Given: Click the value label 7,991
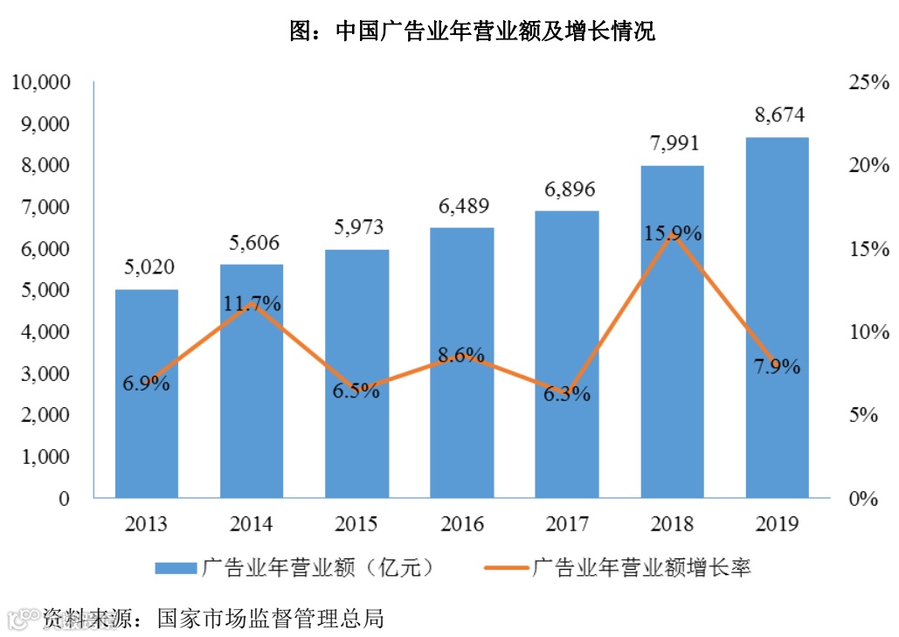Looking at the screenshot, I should coord(673,143).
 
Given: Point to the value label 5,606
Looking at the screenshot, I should coord(252,243).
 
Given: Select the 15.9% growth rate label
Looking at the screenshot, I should coord(673,233).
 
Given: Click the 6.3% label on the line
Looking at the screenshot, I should coord(566,394).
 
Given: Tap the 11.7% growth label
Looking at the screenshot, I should coord(252,304).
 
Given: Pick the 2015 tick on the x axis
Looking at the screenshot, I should coord(356,524).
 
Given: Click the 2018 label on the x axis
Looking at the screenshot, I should coord(672,524).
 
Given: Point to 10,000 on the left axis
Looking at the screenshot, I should coord(39,83).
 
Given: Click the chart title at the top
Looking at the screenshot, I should coord(473,33).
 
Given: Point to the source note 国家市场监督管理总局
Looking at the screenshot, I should coord(271,619).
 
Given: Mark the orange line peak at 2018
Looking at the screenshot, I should coord(672,234).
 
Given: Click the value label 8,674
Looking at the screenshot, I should coord(777,114).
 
